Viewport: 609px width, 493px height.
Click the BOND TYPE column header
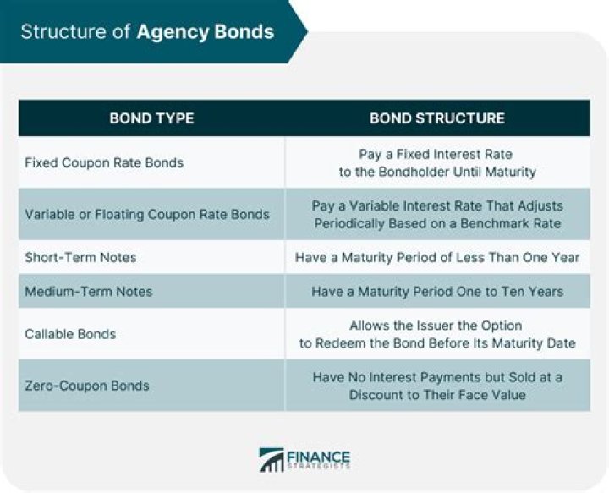151,118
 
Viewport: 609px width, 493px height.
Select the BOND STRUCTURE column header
436,118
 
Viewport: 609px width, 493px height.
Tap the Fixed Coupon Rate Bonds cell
104,162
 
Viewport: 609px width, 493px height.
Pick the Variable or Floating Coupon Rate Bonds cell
147,214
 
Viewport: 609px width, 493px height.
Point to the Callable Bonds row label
70,334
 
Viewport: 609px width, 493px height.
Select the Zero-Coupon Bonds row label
87,386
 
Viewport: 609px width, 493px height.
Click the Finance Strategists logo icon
272,460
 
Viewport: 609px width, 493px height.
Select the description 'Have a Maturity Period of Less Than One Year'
437,257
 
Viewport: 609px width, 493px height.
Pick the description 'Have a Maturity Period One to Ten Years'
437,291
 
